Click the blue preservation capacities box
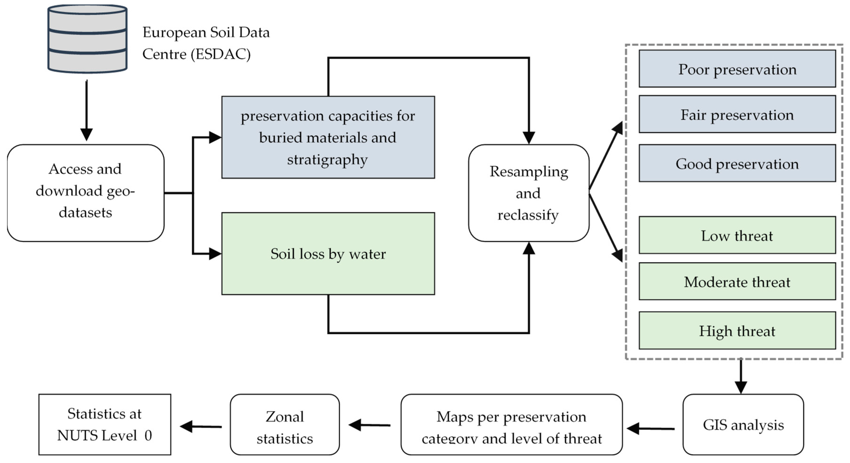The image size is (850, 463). pyautogui.click(x=328, y=137)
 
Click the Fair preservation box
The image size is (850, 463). pyautogui.click(x=737, y=114)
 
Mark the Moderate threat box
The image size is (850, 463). pyautogui.click(x=737, y=281)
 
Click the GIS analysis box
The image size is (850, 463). pyautogui.click(x=743, y=424)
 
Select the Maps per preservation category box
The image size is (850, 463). pyautogui.click(x=511, y=424)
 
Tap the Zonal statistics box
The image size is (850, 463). pyautogui.click(x=285, y=424)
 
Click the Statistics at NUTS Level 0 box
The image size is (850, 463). pyautogui.click(x=105, y=424)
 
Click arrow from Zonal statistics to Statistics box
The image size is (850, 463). pyautogui.click(x=201, y=426)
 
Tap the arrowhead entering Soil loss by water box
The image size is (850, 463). pyautogui.click(x=215, y=254)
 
